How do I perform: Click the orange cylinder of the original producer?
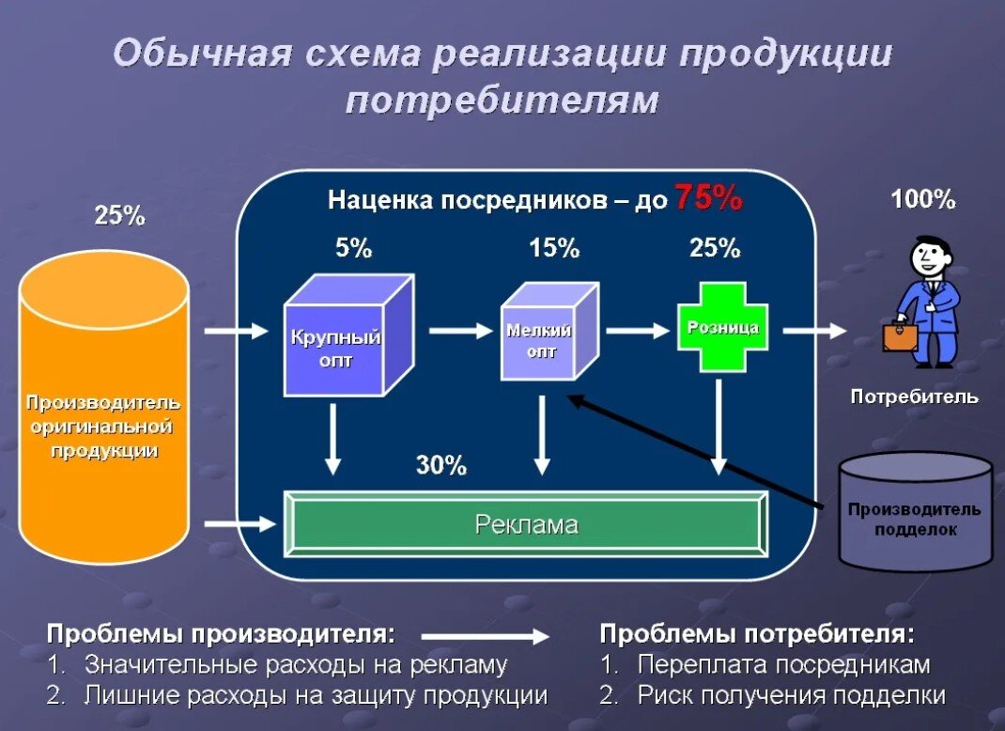[103, 413]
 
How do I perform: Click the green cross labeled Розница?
[722, 329]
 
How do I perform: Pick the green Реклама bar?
[526, 524]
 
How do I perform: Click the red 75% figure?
[708, 198]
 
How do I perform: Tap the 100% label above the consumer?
[922, 199]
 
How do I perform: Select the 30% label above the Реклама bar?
[441, 465]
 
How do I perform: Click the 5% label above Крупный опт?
[354, 249]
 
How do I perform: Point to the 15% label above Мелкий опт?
[554, 249]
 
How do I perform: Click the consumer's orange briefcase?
[900, 336]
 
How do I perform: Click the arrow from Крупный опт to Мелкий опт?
[461, 331]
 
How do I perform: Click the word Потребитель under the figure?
[914, 397]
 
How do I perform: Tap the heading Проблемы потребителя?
[757, 633]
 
